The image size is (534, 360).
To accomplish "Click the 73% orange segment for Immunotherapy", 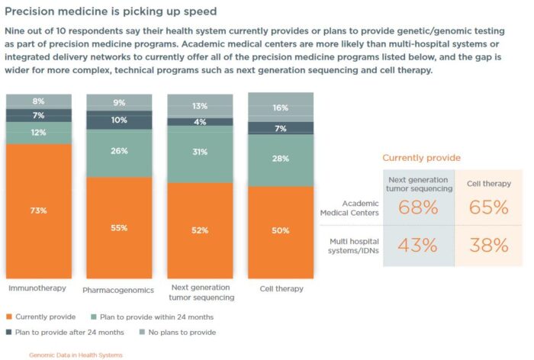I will [39, 211].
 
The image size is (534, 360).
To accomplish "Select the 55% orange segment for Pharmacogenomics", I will [118, 227].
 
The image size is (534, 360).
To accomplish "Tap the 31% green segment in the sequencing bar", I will [200, 153].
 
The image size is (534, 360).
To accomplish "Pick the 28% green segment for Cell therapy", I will [280, 158].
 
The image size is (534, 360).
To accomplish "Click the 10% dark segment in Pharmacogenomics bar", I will [118, 120].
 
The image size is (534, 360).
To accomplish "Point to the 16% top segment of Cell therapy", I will [280, 108].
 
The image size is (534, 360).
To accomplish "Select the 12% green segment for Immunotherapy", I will [39, 133].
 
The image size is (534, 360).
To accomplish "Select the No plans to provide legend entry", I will [183, 333].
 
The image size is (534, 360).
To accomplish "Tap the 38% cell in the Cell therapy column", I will [490, 245].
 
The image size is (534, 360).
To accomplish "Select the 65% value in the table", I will [490, 207].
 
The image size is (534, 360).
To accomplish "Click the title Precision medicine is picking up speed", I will [111, 11].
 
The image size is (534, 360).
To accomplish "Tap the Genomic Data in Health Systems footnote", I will [76, 355].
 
